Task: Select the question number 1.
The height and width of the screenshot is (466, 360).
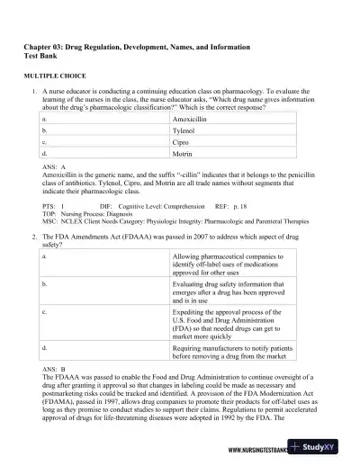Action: point(32,93)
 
